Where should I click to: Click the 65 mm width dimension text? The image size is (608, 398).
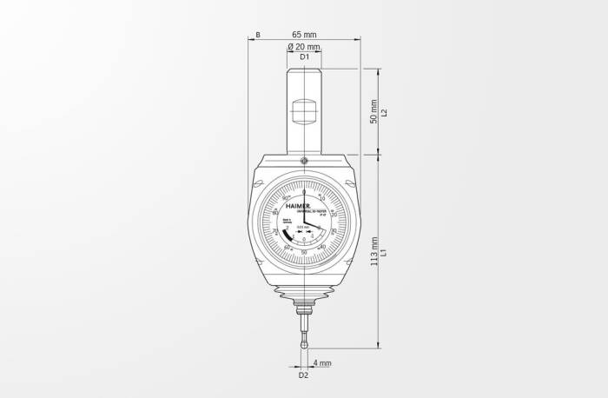304,34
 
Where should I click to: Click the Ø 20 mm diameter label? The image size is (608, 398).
304,46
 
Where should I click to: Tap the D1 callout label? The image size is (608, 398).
304,56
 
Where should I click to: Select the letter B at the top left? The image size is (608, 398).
258,35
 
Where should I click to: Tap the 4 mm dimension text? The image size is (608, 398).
322,363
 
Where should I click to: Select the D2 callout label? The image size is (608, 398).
303,375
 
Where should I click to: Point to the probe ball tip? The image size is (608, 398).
304,345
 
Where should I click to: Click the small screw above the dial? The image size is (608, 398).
304,161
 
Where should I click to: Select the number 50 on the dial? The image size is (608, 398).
303,252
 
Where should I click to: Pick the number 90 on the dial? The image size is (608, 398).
285,198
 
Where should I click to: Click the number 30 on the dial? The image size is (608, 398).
334,231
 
